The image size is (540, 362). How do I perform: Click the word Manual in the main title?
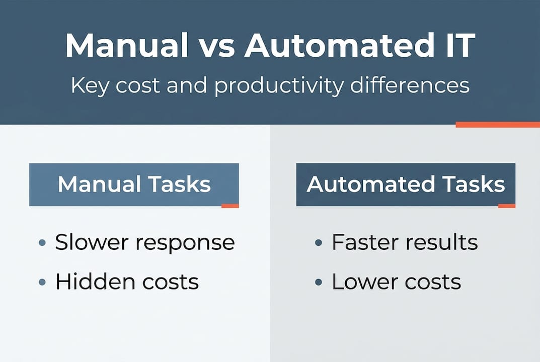coord(124,47)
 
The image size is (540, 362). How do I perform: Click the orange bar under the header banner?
coord(497,124)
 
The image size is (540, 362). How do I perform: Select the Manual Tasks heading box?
coord(134,184)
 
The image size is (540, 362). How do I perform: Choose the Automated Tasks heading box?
coord(405,184)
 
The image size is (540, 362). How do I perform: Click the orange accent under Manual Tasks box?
coord(230,206)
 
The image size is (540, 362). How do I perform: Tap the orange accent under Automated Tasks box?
coord(506,206)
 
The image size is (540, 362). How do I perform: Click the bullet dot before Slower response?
coord(43,243)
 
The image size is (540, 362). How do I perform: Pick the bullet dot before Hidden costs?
coord(43,283)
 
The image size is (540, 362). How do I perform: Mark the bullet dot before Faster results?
coord(318,243)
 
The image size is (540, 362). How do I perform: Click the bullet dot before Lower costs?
coord(318,283)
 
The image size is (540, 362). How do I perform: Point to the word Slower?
coord(92,243)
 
